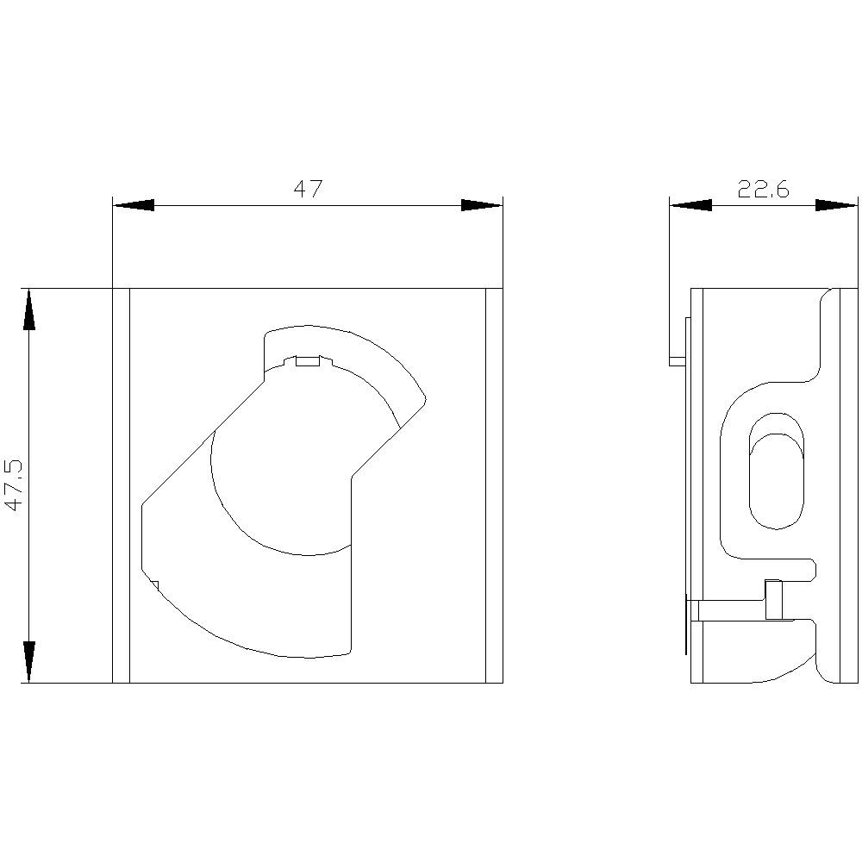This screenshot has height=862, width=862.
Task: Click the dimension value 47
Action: (x=307, y=190)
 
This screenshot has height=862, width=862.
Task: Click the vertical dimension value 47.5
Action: (x=14, y=485)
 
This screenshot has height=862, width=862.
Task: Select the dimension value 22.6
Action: (x=763, y=190)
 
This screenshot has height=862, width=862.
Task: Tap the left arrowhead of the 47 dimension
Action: (x=134, y=205)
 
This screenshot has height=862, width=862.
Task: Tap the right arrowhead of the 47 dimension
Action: (x=481, y=205)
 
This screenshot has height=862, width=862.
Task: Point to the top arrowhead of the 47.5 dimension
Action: (x=29, y=309)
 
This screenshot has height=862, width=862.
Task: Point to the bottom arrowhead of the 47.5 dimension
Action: (x=29, y=661)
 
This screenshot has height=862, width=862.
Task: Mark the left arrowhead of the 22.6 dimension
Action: (x=690, y=205)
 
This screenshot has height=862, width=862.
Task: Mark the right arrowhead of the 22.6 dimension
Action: (x=836, y=205)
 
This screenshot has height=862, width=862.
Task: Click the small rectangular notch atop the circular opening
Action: (x=308, y=361)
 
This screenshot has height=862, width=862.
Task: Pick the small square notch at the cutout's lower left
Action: (x=154, y=586)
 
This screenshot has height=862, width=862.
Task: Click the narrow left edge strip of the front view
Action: (x=121, y=485)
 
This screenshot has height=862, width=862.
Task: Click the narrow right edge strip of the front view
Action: (x=494, y=485)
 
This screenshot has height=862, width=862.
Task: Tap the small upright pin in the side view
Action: (x=773, y=600)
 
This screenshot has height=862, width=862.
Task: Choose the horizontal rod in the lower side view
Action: (x=733, y=610)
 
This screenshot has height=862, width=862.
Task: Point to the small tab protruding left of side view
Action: (x=678, y=361)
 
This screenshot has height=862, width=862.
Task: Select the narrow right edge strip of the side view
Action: (x=849, y=485)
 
